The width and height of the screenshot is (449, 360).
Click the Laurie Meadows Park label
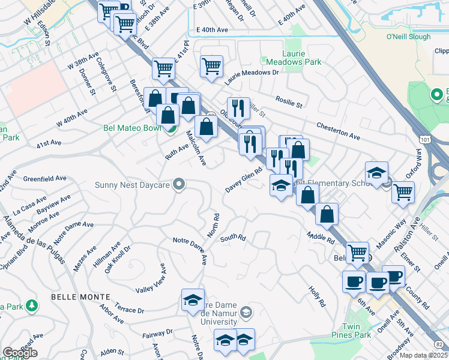pos(294,57)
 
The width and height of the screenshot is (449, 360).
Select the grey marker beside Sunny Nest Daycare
pos(178,184)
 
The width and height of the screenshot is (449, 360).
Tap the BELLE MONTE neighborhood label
pos(80,297)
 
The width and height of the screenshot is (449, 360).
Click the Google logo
pos(20,353)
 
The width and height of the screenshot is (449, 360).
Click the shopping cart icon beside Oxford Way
pos(403,192)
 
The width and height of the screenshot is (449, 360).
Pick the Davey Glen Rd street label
pos(245,180)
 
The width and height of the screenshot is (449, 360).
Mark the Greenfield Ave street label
pos(44,179)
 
